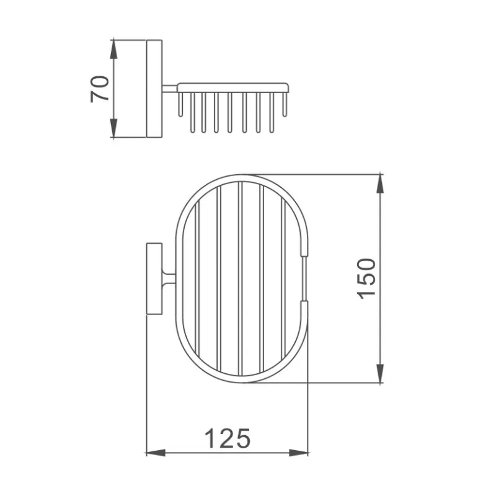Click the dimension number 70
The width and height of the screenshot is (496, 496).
pyautogui.click(x=100, y=89)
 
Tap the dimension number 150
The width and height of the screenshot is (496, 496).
pyautogui.click(x=366, y=278)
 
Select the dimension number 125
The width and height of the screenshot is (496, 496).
pyautogui.click(x=228, y=438)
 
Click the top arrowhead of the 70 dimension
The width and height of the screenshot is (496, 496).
pyautogui.click(x=113, y=50)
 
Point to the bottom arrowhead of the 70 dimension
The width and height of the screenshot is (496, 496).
pyautogui.click(x=113, y=128)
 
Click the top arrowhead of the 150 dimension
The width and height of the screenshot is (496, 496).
pyautogui.click(x=380, y=184)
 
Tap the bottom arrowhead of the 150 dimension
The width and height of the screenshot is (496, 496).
pyautogui.click(x=380, y=373)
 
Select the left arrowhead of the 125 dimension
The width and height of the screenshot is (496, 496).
pyautogui.click(x=156, y=453)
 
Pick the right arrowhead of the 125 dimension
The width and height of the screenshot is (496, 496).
pyautogui.click(x=298, y=453)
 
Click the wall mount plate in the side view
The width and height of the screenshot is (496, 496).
pyautogui.click(x=154, y=89)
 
